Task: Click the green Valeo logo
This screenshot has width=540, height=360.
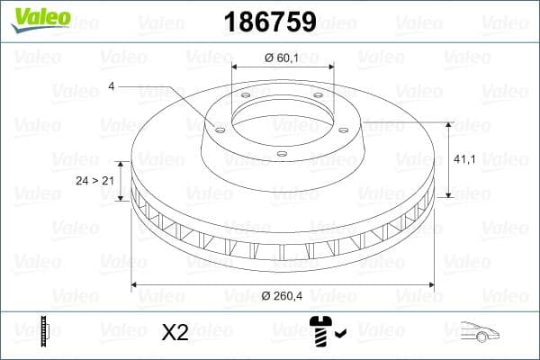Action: (x=35, y=16)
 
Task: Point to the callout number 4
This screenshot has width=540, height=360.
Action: (x=111, y=86)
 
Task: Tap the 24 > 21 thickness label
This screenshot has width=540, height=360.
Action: (x=94, y=180)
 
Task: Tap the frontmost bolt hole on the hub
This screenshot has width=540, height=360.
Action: (x=282, y=154)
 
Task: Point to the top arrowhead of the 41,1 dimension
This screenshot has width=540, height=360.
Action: (x=449, y=126)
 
